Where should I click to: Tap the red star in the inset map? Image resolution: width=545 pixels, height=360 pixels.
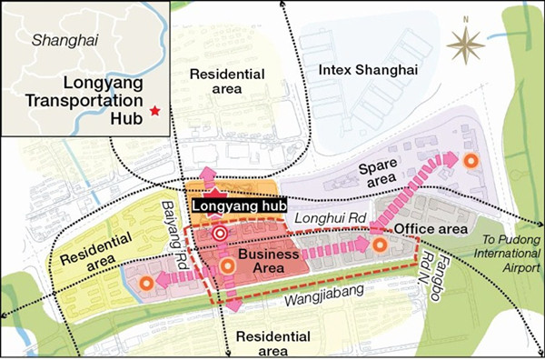[155, 110]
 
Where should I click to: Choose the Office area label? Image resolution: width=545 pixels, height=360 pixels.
[430, 226]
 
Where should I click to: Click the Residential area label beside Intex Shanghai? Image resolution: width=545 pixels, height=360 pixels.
[220, 81]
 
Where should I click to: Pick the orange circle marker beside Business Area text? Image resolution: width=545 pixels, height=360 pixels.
[227, 265]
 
